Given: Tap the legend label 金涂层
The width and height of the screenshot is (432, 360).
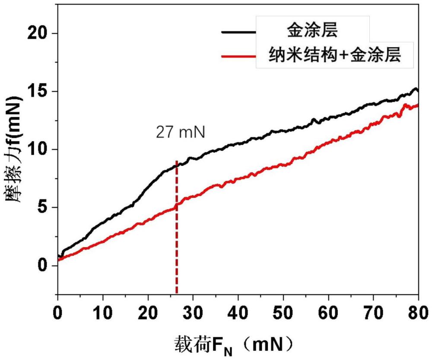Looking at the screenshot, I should (x=312, y=31).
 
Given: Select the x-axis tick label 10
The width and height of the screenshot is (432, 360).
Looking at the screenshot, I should (x=103, y=311).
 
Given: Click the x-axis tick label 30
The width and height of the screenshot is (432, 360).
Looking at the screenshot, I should (x=193, y=311).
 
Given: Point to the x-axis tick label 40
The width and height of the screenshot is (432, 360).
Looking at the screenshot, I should (x=238, y=311).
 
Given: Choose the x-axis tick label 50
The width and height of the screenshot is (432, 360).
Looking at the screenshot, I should (x=283, y=311).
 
